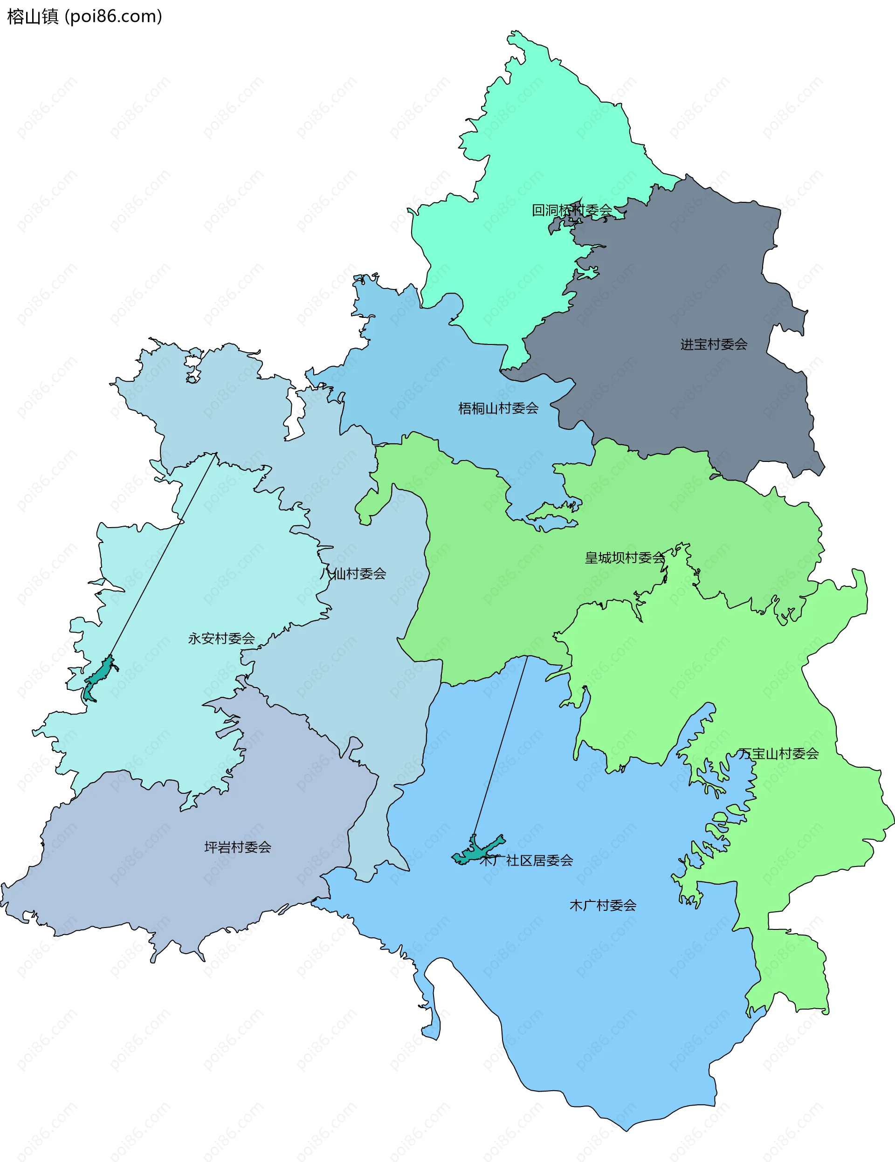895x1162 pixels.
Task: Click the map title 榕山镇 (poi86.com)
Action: [x=84, y=16]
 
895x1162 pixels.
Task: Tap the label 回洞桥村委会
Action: [x=572, y=210]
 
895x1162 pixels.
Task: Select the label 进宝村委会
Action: [x=714, y=344]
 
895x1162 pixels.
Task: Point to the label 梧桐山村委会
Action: [x=498, y=408]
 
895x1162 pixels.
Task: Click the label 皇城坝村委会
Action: [x=625, y=557]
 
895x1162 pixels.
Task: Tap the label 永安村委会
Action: [x=221, y=638]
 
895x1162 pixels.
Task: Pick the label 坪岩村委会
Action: [x=238, y=846]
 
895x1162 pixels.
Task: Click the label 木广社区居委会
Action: [x=526, y=860]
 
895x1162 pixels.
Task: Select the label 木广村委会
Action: [x=603, y=905]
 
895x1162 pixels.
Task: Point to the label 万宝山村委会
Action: [x=778, y=753]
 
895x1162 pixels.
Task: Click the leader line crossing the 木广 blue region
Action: [x=500, y=745]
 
